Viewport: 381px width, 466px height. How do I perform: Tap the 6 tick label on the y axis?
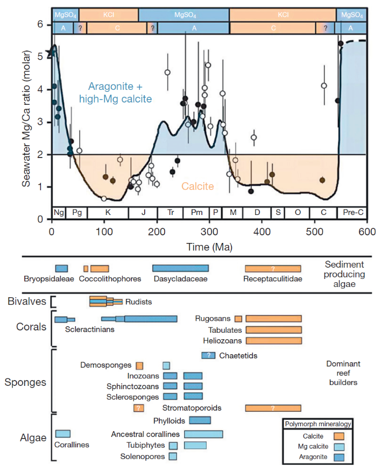(40, 24)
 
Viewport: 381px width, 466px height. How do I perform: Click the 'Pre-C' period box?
(352, 212)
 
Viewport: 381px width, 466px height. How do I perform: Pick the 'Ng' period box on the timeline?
(59, 212)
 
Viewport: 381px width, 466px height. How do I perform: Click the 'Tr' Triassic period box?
(170, 212)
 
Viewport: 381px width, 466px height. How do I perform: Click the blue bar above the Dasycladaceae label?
(180, 268)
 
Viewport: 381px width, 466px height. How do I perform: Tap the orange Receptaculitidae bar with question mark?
(273, 268)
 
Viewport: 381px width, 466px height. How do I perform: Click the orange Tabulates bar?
(273, 329)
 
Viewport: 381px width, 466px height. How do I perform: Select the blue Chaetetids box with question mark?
(208, 355)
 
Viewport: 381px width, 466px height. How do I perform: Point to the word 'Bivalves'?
(26, 300)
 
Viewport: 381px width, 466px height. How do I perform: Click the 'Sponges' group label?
(25, 382)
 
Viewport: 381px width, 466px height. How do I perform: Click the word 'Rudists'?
(140, 302)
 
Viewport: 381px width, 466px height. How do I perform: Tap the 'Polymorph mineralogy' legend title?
(317, 424)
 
